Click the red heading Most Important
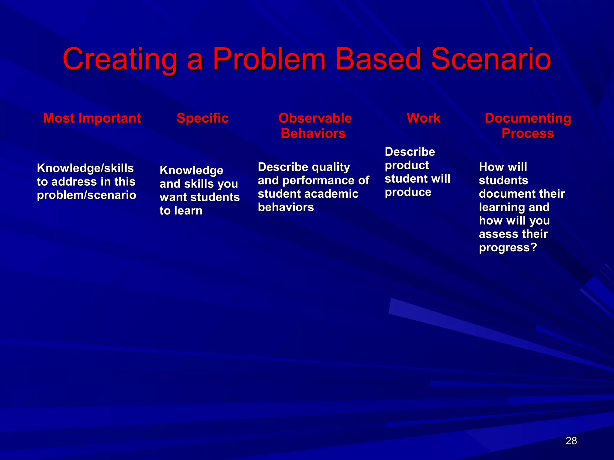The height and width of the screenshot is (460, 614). pos(92,118)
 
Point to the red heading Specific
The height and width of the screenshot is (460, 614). pos(202,118)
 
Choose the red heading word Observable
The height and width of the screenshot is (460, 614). pos(315,118)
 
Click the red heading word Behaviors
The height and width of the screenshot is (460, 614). pos(313,133)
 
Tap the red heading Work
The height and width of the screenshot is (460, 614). pos(423,118)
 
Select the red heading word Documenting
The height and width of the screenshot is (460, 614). pos(528,118)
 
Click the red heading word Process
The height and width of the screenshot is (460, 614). pos(528,133)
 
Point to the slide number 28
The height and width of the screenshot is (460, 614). pos(571,441)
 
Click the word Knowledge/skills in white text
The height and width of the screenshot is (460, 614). pos(85,168)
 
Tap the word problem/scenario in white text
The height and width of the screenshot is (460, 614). pos(86,195)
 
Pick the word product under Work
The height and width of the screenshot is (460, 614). pos(407,165)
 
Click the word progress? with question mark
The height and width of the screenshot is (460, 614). pos(508,248)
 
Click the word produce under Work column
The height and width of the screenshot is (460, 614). pos(408,192)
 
